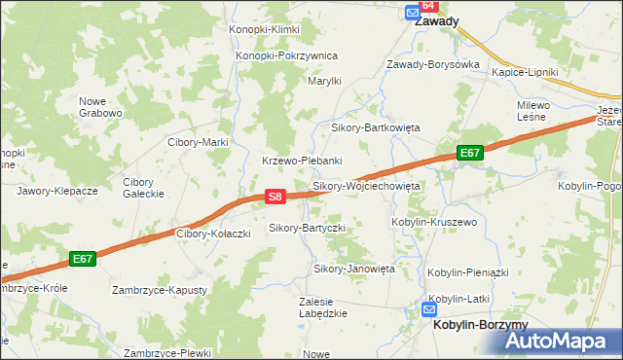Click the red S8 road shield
click(275, 197)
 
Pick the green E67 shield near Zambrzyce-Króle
click(83, 259)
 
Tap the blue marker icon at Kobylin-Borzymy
click(429, 310)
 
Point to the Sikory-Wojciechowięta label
click(365, 185)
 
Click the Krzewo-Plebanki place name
click(301, 161)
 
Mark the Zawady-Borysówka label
click(433, 64)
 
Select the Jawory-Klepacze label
click(57, 192)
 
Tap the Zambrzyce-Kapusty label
click(160, 290)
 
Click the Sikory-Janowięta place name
click(353, 268)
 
